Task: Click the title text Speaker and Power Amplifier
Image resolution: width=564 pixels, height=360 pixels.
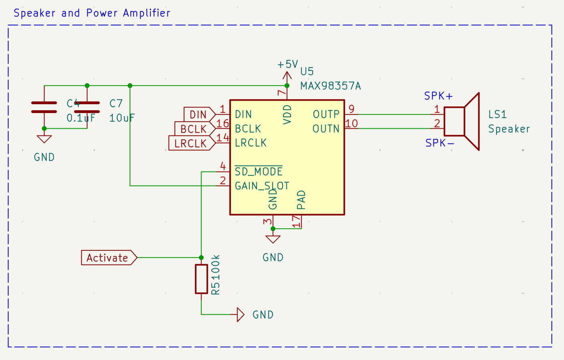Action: point(92,13)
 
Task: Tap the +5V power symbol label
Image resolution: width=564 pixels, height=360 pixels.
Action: point(288,64)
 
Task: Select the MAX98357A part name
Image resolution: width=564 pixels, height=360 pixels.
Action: point(330,86)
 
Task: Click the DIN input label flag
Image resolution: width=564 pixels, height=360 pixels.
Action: point(197,115)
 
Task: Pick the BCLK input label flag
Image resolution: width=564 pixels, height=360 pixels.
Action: point(193,129)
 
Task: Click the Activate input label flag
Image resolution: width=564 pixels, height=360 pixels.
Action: point(108,257)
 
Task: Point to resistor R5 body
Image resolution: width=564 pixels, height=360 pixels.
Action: point(201,279)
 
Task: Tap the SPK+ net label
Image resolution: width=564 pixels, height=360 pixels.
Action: point(438,96)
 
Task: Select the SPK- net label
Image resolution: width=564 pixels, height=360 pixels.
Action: point(439,143)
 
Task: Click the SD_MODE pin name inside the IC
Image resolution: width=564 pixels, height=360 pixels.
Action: point(258,172)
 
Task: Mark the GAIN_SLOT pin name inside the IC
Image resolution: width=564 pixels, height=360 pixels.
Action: point(262,186)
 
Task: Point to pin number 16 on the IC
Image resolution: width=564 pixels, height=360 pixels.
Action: point(223,123)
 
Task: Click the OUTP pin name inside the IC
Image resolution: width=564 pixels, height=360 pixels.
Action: point(326,114)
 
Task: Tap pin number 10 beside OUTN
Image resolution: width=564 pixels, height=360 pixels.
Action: point(351,123)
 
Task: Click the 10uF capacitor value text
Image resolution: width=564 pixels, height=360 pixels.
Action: point(122,118)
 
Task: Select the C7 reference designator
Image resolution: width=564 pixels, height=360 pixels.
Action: point(116,103)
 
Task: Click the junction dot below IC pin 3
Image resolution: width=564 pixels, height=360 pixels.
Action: point(273,229)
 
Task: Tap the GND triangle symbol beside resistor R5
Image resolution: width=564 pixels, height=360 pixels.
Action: point(240,315)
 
